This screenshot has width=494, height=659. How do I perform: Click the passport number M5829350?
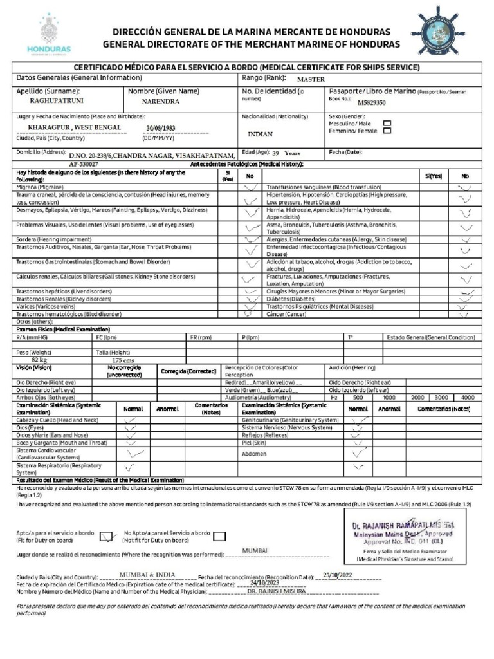(x=372, y=102)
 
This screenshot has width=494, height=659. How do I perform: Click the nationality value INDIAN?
(x=260, y=135)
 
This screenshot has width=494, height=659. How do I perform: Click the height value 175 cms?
(x=123, y=360)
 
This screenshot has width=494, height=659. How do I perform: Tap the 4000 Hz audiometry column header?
(x=468, y=397)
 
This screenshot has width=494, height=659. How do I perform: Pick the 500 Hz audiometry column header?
(x=358, y=397)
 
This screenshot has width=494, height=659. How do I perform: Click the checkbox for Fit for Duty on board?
(x=108, y=536)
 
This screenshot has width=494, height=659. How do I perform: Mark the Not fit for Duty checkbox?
(x=219, y=536)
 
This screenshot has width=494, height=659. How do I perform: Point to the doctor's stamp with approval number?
(x=400, y=534)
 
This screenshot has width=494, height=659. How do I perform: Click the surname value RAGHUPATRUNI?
(x=57, y=101)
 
